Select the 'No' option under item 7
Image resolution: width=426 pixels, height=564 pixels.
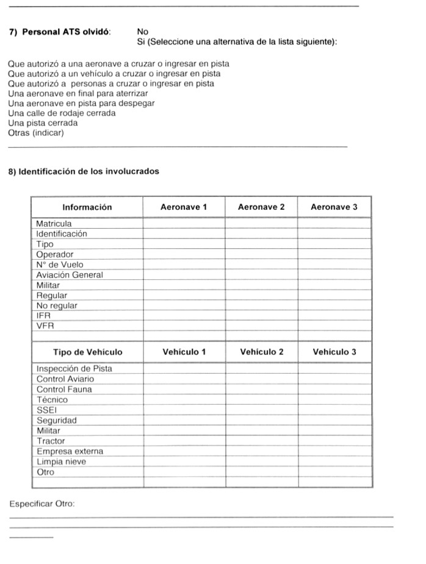click(x=143, y=32)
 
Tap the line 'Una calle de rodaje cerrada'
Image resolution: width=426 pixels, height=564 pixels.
click(x=62, y=113)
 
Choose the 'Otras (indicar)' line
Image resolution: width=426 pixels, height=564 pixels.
click(x=36, y=133)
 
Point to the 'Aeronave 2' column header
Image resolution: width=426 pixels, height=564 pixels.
click(x=261, y=207)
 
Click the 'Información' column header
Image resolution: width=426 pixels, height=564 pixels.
click(x=87, y=207)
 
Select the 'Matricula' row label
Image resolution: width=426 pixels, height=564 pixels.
click(x=54, y=224)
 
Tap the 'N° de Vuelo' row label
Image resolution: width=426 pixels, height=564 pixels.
click(x=59, y=265)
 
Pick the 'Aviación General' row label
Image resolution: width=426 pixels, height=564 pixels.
click(x=70, y=275)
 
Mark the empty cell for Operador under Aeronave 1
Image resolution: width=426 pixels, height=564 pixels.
click(x=184, y=254)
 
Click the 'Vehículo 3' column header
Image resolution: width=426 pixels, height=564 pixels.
click(x=334, y=352)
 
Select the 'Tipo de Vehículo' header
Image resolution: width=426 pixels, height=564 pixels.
click(x=87, y=352)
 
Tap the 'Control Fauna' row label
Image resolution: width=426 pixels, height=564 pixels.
click(x=64, y=389)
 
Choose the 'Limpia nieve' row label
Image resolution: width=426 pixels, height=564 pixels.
click(x=61, y=462)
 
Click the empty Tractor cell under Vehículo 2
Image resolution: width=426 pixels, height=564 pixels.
click(x=261, y=441)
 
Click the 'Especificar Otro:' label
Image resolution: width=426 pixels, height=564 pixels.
click(x=42, y=504)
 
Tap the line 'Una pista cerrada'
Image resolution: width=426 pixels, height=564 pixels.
click(x=43, y=123)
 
